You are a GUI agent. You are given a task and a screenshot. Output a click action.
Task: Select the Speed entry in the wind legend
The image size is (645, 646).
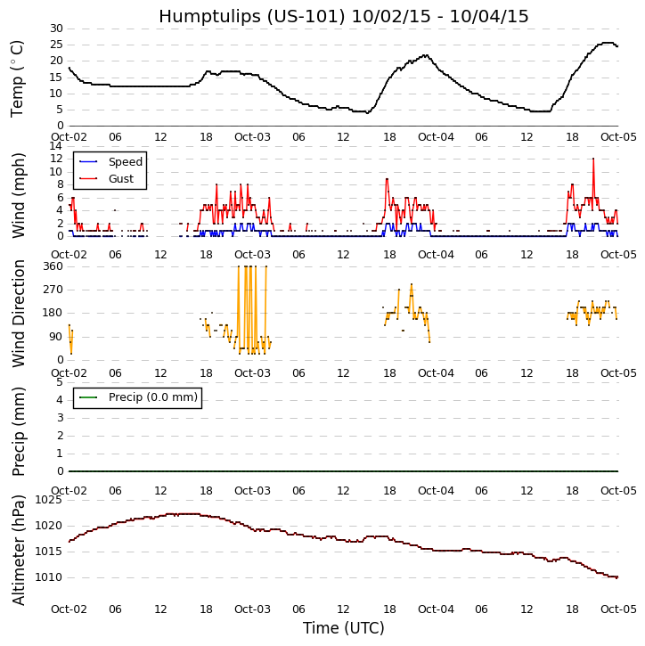(x=125, y=162)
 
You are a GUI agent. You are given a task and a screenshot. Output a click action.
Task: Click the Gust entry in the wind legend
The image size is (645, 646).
(x=120, y=179)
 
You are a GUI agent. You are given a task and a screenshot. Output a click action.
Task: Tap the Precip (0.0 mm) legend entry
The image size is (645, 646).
(x=152, y=397)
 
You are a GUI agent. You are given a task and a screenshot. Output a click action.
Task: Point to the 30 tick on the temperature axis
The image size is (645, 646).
(x=55, y=29)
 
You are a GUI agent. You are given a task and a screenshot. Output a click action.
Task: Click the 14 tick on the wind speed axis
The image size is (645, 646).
(x=55, y=146)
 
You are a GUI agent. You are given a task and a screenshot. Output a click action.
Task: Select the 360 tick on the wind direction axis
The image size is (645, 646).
(x=52, y=266)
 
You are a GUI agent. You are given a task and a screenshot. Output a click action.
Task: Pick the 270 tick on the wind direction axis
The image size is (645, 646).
(x=52, y=290)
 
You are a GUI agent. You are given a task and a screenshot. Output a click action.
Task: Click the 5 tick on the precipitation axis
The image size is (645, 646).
(x=59, y=382)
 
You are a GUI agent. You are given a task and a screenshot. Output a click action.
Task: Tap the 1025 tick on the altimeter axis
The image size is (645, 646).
(x=48, y=500)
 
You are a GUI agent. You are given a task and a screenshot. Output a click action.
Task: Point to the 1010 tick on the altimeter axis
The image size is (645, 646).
(x=48, y=577)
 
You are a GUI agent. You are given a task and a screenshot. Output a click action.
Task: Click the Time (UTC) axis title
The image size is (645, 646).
(x=343, y=628)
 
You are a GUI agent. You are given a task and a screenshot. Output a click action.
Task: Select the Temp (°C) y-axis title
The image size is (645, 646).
(x=18, y=78)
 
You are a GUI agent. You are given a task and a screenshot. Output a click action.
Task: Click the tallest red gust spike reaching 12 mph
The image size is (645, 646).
(x=593, y=159)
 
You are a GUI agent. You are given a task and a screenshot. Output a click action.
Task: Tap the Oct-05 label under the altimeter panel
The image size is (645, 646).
(x=618, y=609)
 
